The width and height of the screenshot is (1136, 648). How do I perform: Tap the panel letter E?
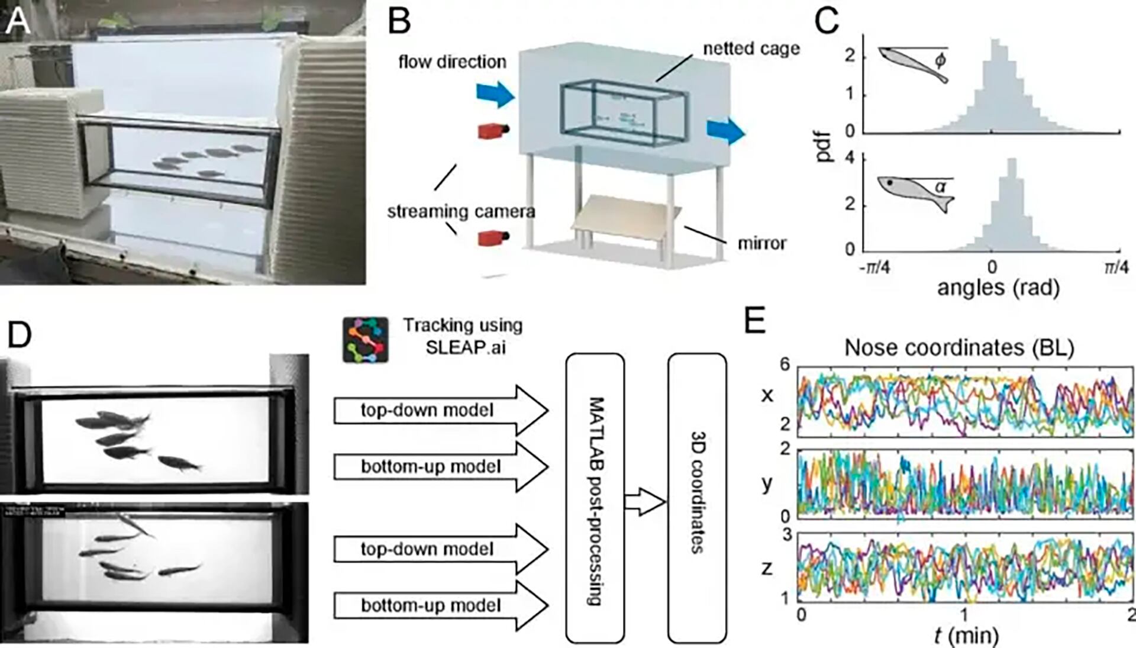pyautogui.click(x=755, y=323)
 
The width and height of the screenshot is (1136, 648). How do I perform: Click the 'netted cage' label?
pyautogui.click(x=751, y=49)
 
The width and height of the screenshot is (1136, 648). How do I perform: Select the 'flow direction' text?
pyautogui.click(x=452, y=62)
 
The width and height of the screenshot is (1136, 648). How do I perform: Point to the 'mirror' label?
pyautogui.click(x=761, y=243)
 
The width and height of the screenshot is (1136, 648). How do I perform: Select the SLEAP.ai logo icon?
pyautogui.click(x=366, y=340)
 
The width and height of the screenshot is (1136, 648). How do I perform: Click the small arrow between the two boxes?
pyautogui.click(x=646, y=502)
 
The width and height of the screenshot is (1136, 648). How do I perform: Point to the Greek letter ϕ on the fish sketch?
pyautogui.click(x=940, y=60)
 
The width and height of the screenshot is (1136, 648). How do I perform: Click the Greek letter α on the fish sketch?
pyautogui.click(x=940, y=187)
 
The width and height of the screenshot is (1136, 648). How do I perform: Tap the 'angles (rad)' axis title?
pyautogui.click(x=998, y=288)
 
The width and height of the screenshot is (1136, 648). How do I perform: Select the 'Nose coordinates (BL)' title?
pyautogui.click(x=958, y=348)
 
